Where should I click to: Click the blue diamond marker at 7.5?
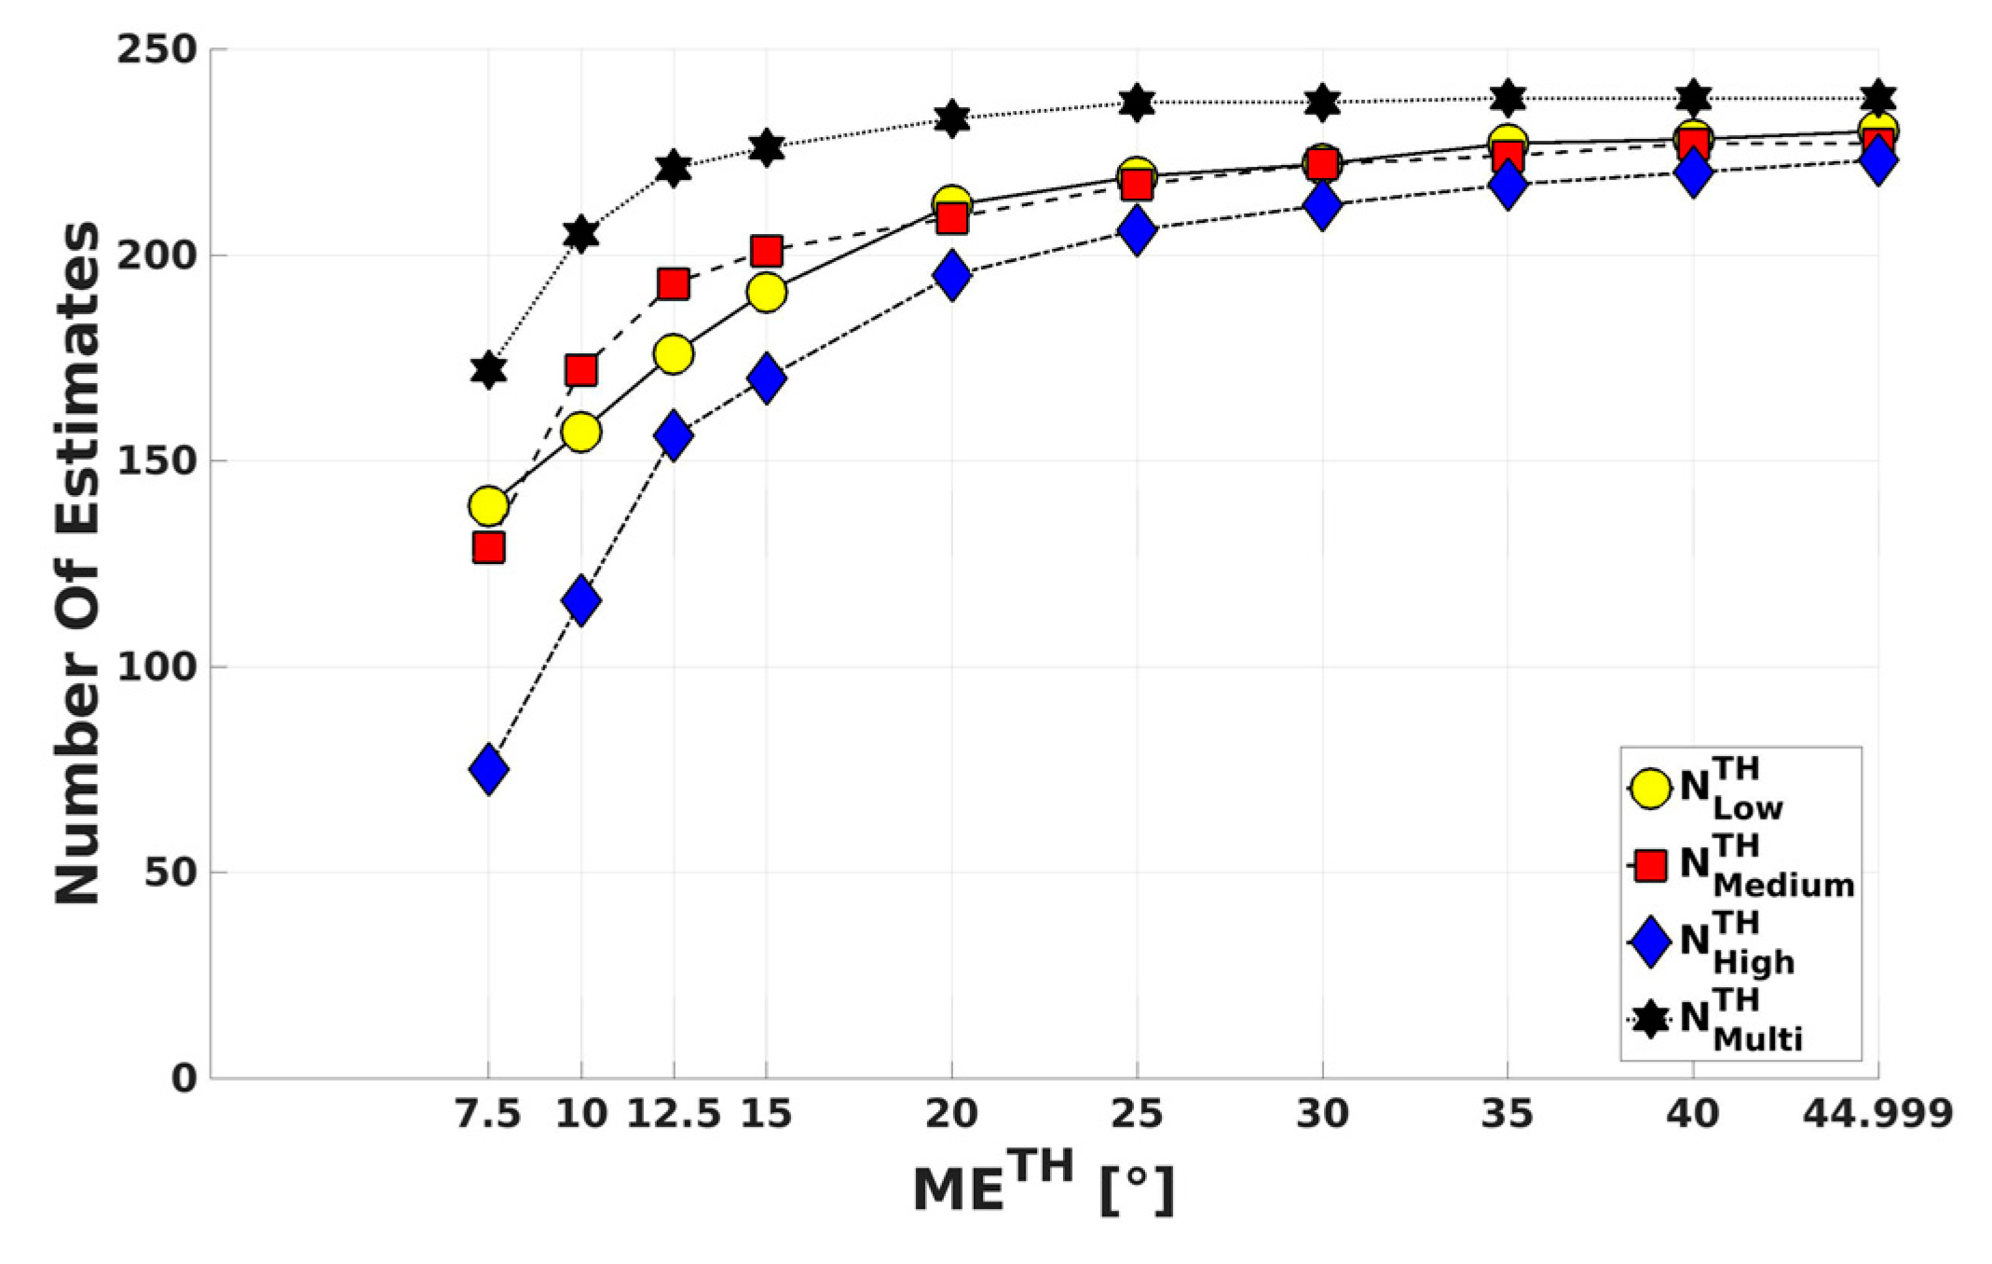click(x=489, y=770)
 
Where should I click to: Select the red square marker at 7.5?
click(x=489, y=547)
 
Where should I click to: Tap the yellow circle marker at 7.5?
click(x=489, y=506)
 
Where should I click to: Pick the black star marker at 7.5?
click(x=489, y=370)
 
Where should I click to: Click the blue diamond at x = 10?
click(x=581, y=600)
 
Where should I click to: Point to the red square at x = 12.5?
click(x=674, y=283)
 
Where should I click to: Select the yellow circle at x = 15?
click(x=766, y=293)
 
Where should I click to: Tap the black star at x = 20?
click(x=951, y=118)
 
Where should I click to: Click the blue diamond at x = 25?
click(x=1137, y=230)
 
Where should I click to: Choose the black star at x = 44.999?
click(x=1877, y=97)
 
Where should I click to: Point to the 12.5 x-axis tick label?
click(x=674, y=1113)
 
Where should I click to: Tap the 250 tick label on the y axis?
click(x=157, y=49)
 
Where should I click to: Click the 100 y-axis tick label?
click(x=157, y=667)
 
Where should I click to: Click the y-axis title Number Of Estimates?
click(x=76, y=563)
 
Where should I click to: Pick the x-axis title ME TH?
click(x=1044, y=1185)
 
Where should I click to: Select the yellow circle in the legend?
click(x=1650, y=789)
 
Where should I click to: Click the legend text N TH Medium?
click(x=1766, y=868)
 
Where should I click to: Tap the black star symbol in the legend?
click(x=1650, y=1020)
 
